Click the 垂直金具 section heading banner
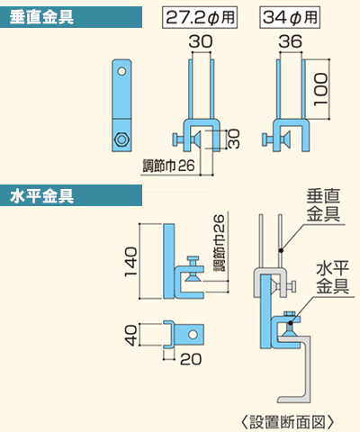click(x=71, y=17)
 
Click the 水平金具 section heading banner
click(x=71, y=195)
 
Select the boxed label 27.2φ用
click(x=200, y=17)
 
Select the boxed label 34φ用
click(x=290, y=17)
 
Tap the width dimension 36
click(x=290, y=41)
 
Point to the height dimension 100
click(x=320, y=89)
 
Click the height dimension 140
click(x=130, y=262)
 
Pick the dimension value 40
click(x=130, y=336)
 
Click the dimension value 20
click(x=191, y=359)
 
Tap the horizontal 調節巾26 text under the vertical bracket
click(x=168, y=166)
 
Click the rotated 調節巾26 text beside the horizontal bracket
click(x=220, y=243)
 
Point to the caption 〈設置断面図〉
click(x=287, y=422)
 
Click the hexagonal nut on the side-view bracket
click(x=122, y=139)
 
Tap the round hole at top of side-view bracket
click(x=121, y=71)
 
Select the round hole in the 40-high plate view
click(x=193, y=334)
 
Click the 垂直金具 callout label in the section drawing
click(x=323, y=205)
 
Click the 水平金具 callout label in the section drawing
click(x=333, y=277)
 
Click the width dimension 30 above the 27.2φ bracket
click(x=201, y=41)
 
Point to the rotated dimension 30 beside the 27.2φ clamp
click(x=234, y=139)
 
